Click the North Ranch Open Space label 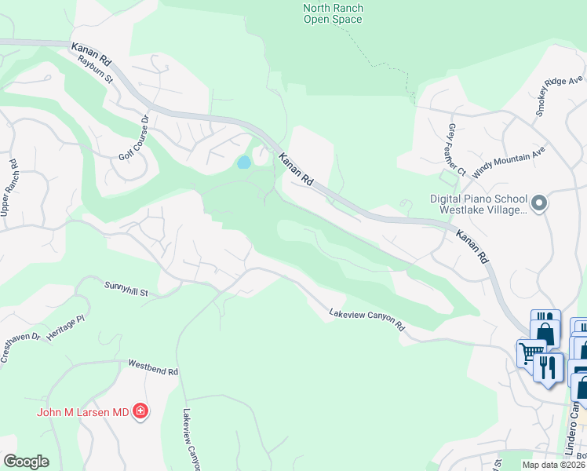pyautogui.click(x=333, y=13)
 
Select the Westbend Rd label pyautogui.click(x=154, y=367)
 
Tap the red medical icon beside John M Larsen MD pyautogui.click(x=140, y=411)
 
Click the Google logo pyautogui.click(x=26, y=462)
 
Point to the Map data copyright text pyautogui.click(x=554, y=465)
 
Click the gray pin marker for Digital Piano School pyautogui.click(x=538, y=204)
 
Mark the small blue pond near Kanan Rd pyautogui.click(x=243, y=162)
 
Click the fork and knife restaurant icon pyautogui.click(x=548, y=367)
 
